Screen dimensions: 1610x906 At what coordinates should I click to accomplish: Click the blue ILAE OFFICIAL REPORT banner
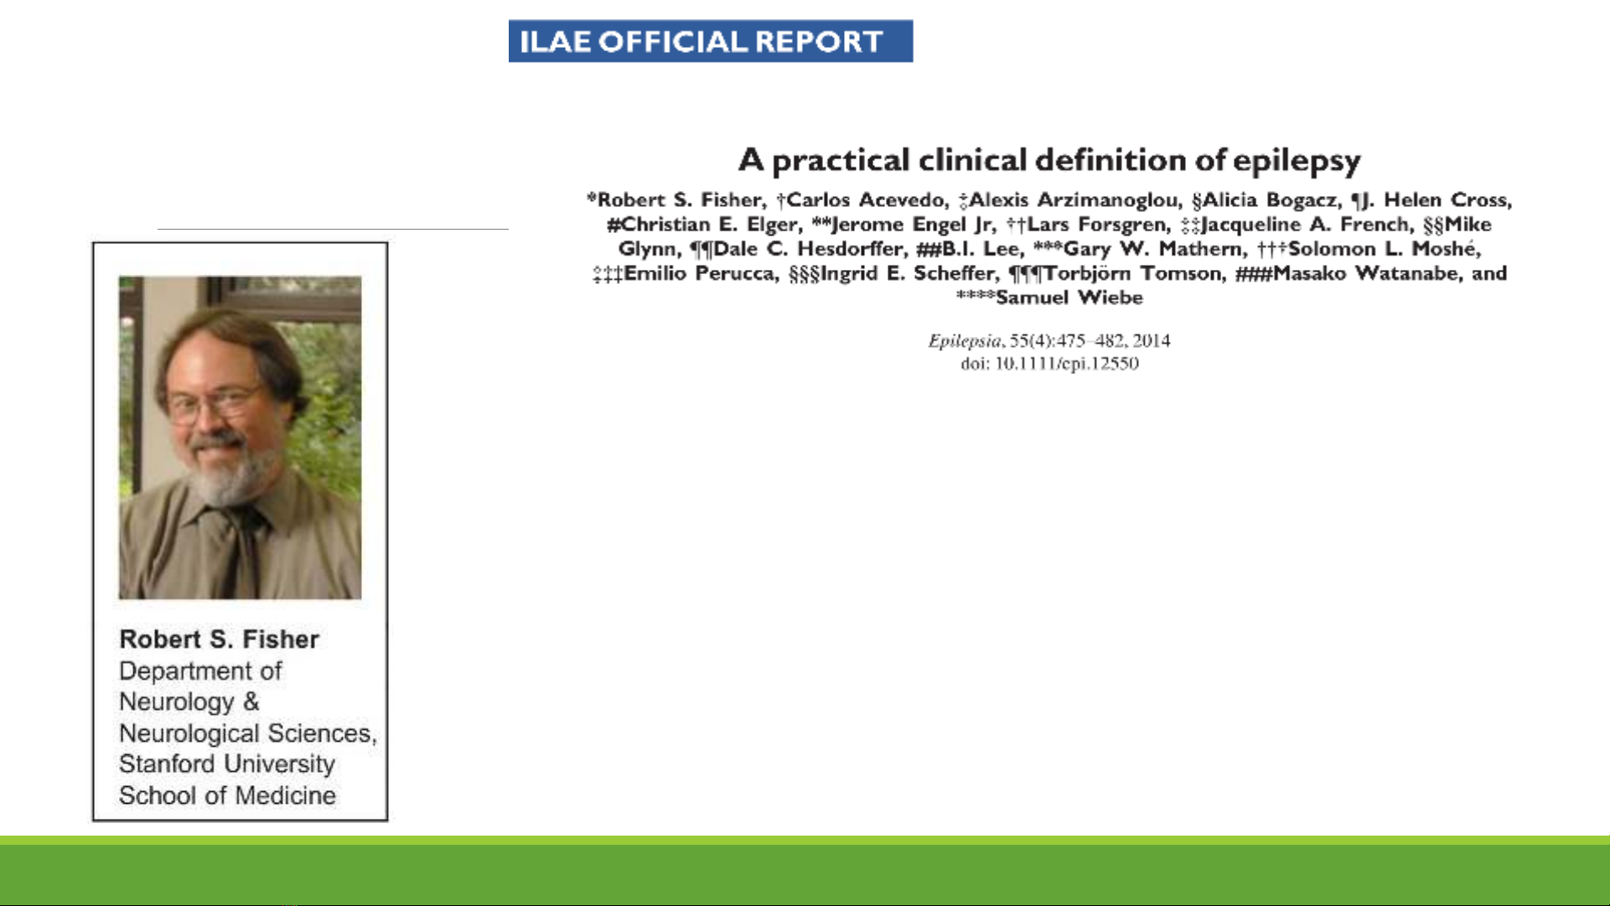[x=711, y=41]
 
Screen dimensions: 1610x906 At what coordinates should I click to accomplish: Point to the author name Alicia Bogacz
[x=1271, y=200]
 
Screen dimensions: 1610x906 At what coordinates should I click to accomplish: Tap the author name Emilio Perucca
[x=699, y=273]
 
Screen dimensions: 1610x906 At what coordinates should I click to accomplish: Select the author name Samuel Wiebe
[x=1069, y=298]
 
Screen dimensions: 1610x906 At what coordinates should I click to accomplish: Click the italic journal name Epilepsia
[x=965, y=341]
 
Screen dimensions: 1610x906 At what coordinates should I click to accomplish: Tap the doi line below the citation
[x=1049, y=364]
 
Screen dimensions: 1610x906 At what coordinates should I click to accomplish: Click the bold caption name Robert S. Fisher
[x=219, y=639]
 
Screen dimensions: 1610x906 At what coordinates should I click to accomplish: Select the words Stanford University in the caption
[x=227, y=764]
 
